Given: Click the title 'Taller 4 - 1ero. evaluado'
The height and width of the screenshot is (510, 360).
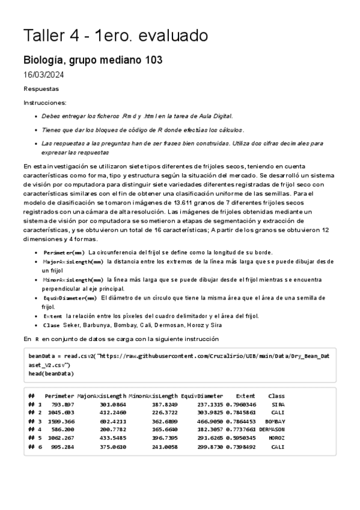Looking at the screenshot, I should click(x=115, y=36).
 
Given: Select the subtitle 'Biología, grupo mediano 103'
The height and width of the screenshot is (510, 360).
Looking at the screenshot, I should click(x=93, y=61).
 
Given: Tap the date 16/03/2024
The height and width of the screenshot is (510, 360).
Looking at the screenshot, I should click(x=44, y=75).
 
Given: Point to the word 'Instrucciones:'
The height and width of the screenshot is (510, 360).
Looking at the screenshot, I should click(x=45, y=102).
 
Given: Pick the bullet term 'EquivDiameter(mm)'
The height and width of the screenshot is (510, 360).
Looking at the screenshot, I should click(x=70, y=298).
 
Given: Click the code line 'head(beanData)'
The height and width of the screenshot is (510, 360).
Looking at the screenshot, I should click(x=51, y=373).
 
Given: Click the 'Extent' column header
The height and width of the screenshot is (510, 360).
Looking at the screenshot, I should click(x=245, y=396).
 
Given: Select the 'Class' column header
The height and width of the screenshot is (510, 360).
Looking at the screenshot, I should click(x=276, y=396).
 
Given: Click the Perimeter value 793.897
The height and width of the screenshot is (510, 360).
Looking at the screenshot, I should click(x=62, y=404).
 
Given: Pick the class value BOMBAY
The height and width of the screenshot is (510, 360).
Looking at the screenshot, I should click(x=275, y=421).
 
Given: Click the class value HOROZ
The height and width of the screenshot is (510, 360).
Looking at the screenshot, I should click(x=276, y=438).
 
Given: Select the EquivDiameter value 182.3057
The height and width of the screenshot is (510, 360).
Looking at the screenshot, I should click(x=211, y=429).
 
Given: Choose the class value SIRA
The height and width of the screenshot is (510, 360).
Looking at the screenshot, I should click(x=278, y=404).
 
